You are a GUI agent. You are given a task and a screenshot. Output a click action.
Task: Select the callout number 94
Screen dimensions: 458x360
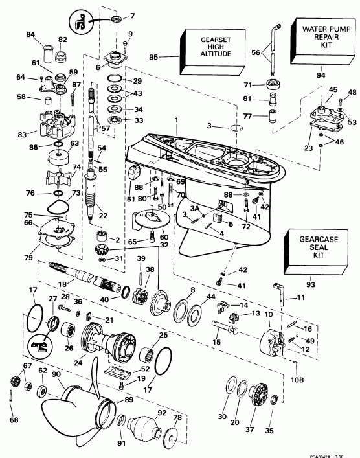pos(319,75)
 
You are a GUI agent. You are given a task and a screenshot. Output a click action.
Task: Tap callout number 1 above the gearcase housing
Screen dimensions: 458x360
pos(175,120)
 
